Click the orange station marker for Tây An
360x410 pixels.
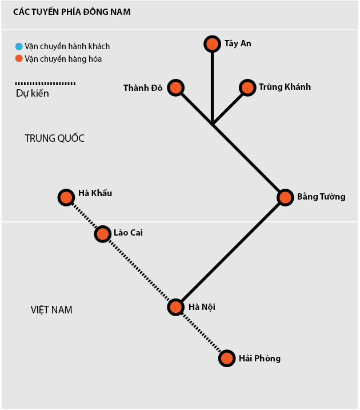[x=212, y=43]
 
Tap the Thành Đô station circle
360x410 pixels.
[x=176, y=87]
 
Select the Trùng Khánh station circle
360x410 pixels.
[x=247, y=87]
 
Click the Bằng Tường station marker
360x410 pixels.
[x=285, y=197]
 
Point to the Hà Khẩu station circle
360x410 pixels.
[x=66, y=198]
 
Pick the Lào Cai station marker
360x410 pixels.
[x=102, y=234]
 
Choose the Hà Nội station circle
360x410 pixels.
[x=176, y=307]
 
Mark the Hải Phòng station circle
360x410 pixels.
[x=227, y=359]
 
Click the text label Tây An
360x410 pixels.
[x=238, y=43]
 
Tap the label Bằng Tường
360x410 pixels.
[x=321, y=197]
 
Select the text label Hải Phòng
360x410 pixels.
[x=259, y=359]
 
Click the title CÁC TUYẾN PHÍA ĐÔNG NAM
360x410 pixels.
[x=71, y=11]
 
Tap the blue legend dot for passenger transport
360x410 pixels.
[x=19, y=46]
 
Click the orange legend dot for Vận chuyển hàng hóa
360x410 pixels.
[x=19, y=58]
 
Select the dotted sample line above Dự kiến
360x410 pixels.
[x=45, y=83]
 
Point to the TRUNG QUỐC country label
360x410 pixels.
[x=54, y=138]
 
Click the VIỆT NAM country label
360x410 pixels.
[x=51, y=310]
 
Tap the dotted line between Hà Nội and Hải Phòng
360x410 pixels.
[x=201, y=333]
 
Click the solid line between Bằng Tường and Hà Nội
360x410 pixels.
[x=231, y=252]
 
